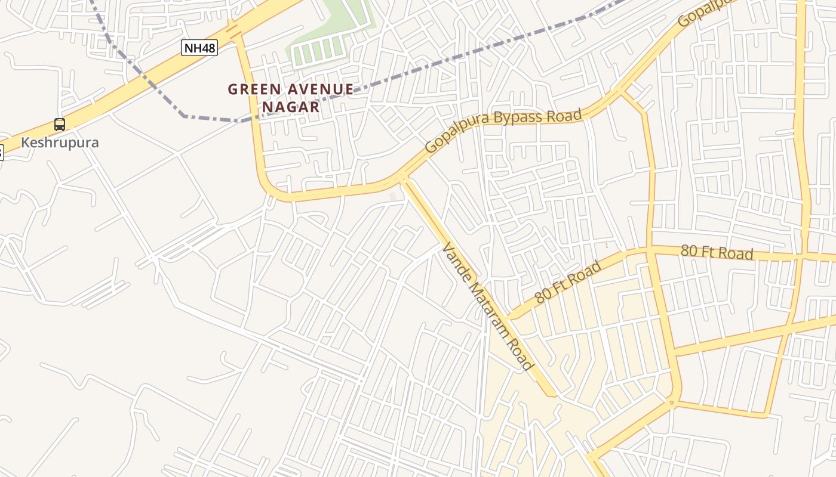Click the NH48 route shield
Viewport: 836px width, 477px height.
point(199,48)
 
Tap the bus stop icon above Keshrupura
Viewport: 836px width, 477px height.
point(60,125)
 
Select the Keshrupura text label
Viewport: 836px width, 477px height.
point(60,143)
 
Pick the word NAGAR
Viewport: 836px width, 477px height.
point(290,107)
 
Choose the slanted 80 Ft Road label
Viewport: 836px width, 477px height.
point(567,282)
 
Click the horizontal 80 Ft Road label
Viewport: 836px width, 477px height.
point(717,252)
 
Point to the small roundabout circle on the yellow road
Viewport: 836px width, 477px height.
point(672,403)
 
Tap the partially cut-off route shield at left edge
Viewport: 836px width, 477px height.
point(1,153)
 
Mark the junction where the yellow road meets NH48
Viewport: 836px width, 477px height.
point(234,30)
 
